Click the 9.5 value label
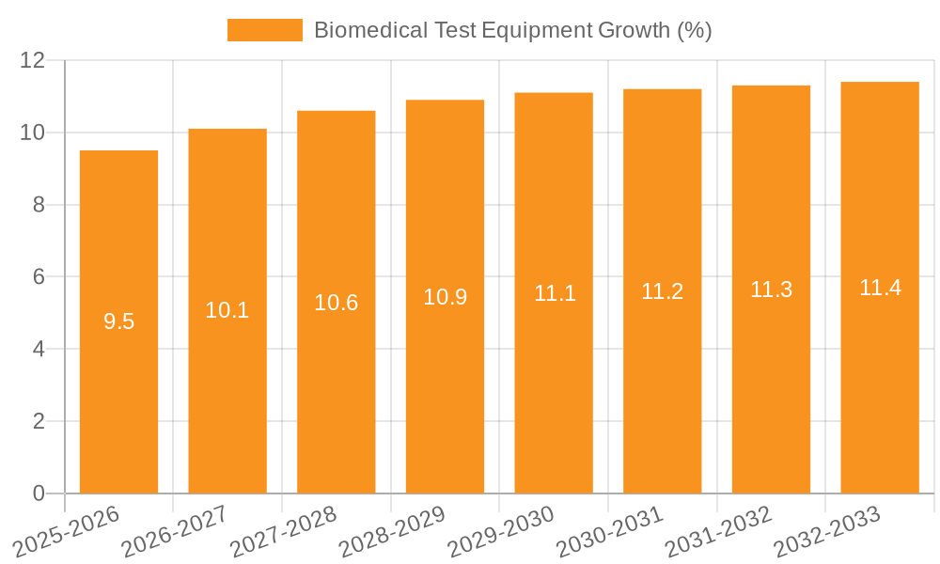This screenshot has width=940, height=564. coord(118,321)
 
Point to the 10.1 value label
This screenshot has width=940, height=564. coord(227,310)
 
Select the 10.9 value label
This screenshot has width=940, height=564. coord(445,297)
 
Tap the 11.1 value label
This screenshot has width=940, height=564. coord(555,293)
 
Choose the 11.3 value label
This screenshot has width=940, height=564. coord(771,290)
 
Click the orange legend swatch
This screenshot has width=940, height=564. coord(265,30)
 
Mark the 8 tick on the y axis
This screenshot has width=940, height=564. coord(39,205)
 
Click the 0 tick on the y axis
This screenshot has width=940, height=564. coord(39,493)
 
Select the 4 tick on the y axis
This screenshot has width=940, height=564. coord(39,349)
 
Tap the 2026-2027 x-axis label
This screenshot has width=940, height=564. coord(174,531)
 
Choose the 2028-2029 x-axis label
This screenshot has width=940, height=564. coord(391,531)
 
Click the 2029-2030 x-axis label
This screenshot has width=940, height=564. coord(500,531)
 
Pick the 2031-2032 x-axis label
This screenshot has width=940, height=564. coord(717,531)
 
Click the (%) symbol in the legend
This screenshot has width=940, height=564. coord(694,30)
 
